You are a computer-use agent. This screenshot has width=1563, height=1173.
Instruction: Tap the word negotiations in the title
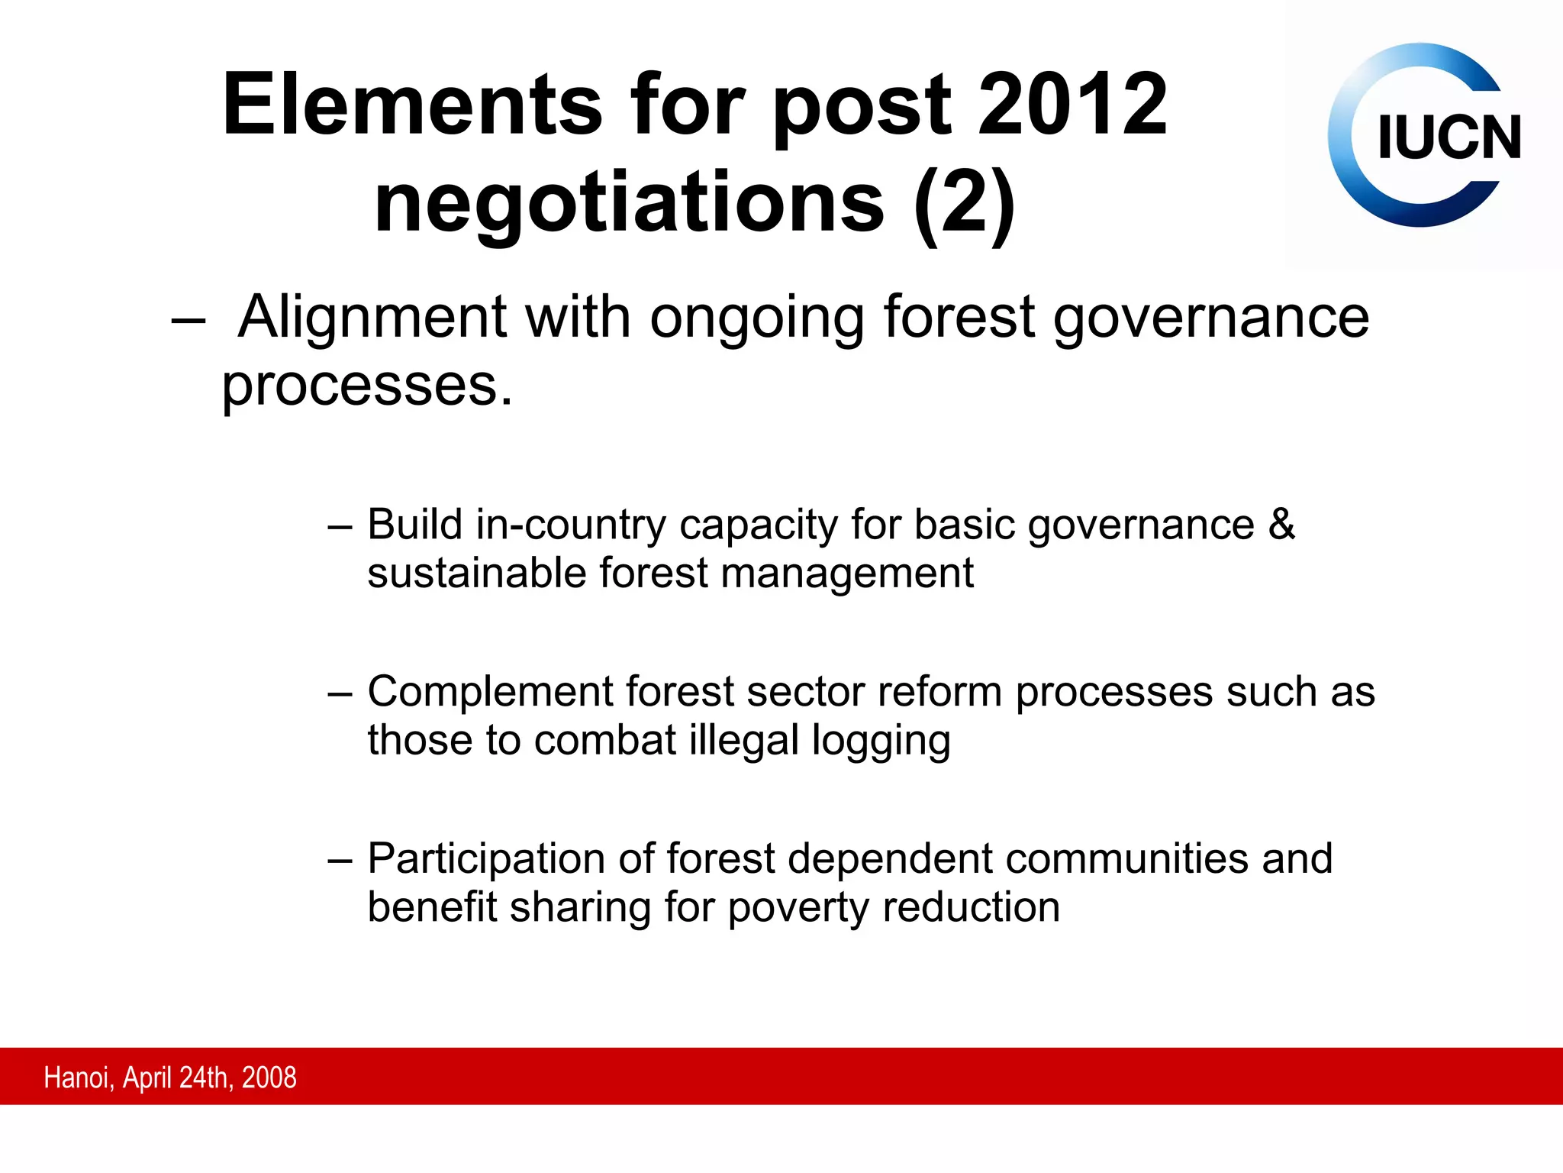click(x=630, y=203)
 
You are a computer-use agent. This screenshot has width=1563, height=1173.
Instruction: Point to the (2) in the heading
click(x=965, y=203)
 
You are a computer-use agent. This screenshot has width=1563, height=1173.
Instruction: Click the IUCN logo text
click(x=1449, y=138)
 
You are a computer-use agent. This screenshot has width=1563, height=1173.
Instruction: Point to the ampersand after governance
click(x=1282, y=525)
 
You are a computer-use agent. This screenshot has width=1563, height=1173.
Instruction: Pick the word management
click(x=847, y=574)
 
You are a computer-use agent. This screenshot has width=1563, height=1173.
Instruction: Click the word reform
click(x=939, y=693)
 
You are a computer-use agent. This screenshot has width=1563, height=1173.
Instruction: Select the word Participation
click(x=487, y=859)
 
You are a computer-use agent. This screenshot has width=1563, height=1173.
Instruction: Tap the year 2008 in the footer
click(x=269, y=1078)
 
